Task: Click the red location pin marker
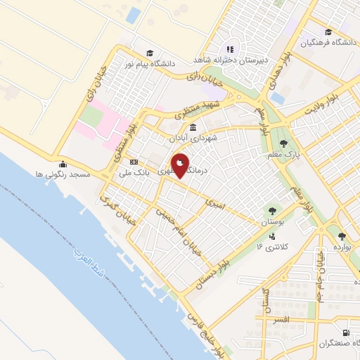point(180,165)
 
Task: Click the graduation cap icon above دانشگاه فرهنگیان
point(328,32)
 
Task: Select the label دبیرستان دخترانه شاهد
point(229,61)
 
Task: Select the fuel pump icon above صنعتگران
point(345,333)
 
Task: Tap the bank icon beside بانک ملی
point(134,162)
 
